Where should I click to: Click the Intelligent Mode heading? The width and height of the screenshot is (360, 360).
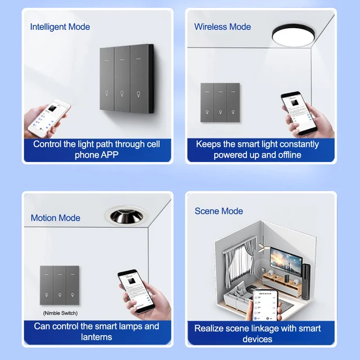tap(60, 26)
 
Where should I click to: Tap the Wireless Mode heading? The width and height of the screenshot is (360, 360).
tap(222, 26)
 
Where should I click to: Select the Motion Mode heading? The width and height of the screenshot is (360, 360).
tap(55, 218)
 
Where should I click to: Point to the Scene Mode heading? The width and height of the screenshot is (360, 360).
tap(219, 211)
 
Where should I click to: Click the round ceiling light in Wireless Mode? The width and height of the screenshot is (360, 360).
tap(293, 36)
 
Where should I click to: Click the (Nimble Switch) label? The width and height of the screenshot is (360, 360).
tap(60, 313)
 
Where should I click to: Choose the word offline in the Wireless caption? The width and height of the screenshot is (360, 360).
tap(286, 155)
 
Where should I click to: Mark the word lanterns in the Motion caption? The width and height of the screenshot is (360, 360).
tap(96, 337)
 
